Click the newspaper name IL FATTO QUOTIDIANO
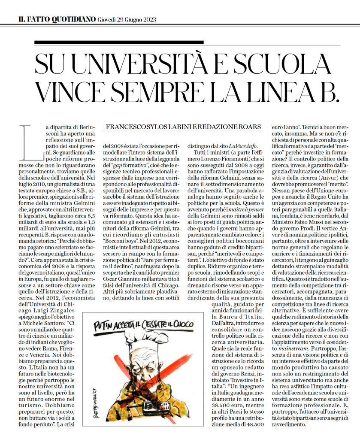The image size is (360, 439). coord(57,19)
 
